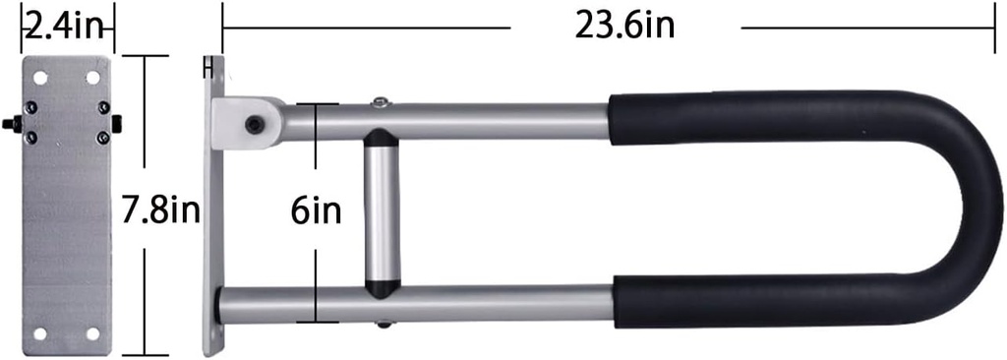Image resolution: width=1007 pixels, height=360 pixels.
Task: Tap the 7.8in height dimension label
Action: point(167,209)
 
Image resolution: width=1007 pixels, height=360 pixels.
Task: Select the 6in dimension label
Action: point(316,210)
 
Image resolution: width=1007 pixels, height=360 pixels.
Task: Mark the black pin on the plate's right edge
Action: point(118,123)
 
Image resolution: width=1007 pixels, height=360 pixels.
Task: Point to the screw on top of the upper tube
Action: point(380,100)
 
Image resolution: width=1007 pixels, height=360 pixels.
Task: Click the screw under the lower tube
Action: point(381,324)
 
